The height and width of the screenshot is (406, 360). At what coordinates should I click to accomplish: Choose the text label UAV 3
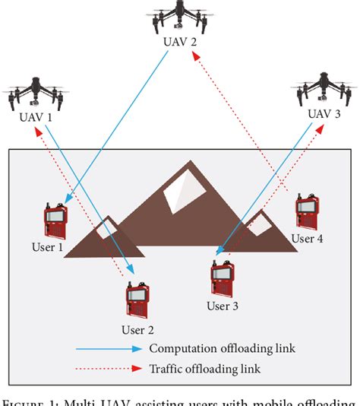(x=324, y=115)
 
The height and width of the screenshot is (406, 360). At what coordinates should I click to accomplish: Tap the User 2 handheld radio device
(x=138, y=303)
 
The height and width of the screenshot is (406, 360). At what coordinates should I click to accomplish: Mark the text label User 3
(x=223, y=306)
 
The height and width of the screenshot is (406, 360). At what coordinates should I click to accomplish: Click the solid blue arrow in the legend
(x=108, y=349)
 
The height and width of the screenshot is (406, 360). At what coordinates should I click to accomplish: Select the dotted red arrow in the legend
(x=108, y=370)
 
